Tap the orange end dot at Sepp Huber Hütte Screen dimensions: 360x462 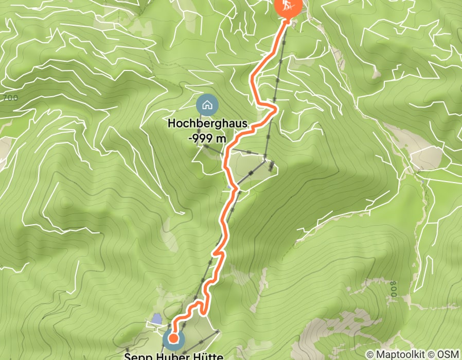click(x=173, y=338)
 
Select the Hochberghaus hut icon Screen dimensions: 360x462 click(x=207, y=105)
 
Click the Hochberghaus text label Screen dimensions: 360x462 click(x=207, y=124)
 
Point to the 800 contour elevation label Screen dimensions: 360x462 click(x=394, y=290)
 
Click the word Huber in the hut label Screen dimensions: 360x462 click(x=174, y=356)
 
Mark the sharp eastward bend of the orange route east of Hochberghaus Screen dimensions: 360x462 click(x=276, y=109)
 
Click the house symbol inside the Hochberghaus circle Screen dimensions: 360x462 click(x=207, y=105)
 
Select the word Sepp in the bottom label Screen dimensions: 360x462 click(x=136, y=356)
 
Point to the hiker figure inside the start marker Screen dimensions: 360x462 click(x=288, y=6)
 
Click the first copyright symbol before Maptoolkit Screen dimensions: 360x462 click(x=370, y=354)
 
